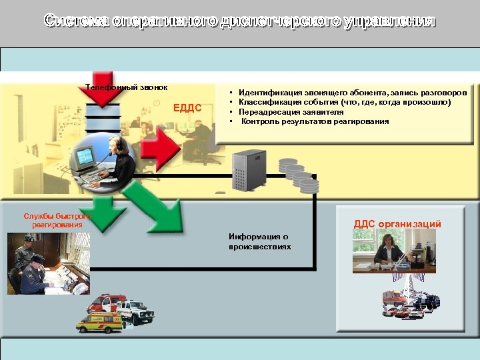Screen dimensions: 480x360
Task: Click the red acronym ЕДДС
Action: point(187,108)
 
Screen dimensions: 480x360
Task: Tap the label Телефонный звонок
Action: point(127,87)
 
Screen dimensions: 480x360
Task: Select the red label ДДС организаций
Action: point(397,224)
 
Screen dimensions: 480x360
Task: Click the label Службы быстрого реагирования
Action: point(56,220)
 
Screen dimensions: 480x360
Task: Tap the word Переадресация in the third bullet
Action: point(266,112)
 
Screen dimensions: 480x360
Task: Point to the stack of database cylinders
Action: point(297,175)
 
